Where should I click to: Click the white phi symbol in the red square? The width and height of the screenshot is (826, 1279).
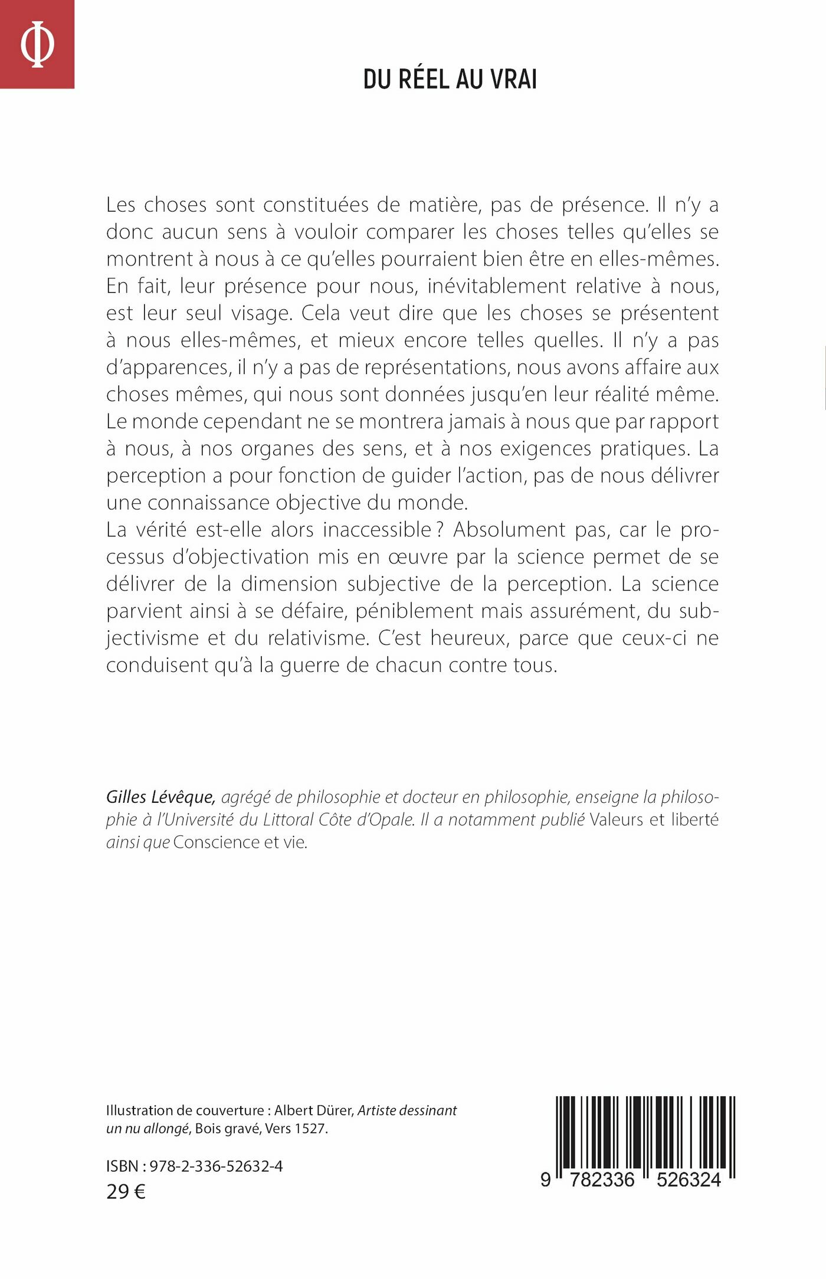pyautogui.click(x=37, y=44)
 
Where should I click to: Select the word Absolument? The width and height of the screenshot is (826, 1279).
pyautogui.click(x=509, y=530)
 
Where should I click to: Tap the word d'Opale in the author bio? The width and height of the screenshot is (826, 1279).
pyautogui.click(x=386, y=819)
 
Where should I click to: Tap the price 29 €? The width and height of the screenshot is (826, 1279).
pyautogui.click(x=126, y=1192)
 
